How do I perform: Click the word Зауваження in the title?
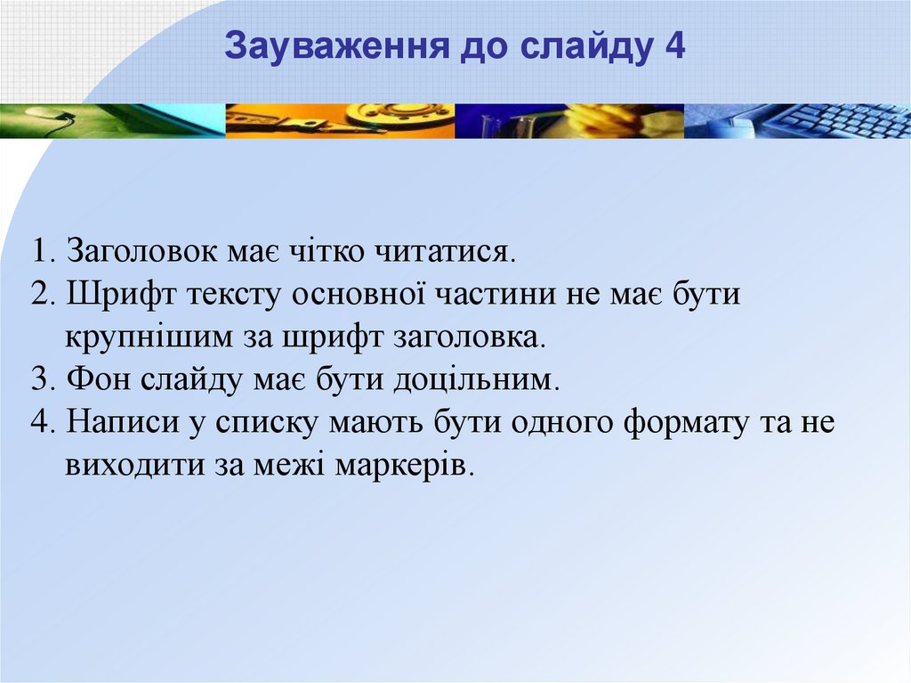[337, 46]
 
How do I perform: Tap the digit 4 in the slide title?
[674, 46]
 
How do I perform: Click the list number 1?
[43, 251]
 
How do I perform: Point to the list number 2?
[43, 295]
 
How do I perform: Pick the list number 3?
[43, 380]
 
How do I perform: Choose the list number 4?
[43, 422]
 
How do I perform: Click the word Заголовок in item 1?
[142, 251]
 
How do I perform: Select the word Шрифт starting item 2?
[120, 295]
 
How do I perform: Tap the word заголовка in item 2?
[470, 337]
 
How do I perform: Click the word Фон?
[100, 380]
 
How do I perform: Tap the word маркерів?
[405, 467]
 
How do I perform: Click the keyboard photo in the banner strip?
[797, 121]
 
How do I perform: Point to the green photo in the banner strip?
[113, 121]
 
